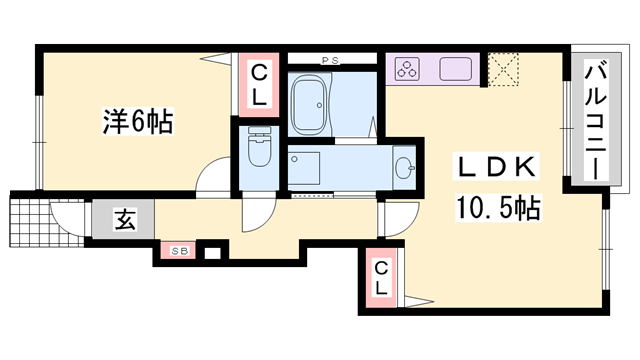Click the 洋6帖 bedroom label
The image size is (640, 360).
click(x=137, y=123)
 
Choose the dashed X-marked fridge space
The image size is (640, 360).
click(x=502, y=68)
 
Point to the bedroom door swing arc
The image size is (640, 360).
click(x=212, y=178)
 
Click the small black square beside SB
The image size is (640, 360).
click(x=211, y=252)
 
